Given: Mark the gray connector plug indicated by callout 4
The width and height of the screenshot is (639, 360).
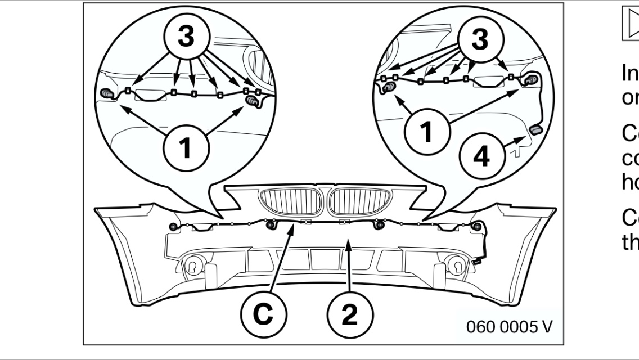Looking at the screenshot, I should tap(535, 130).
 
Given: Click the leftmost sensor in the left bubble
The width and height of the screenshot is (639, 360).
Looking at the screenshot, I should tap(106, 93).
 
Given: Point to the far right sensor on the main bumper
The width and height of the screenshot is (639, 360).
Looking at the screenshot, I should tap(478, 226).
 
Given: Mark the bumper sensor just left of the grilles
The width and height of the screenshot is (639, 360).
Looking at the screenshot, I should tap(269, 226).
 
